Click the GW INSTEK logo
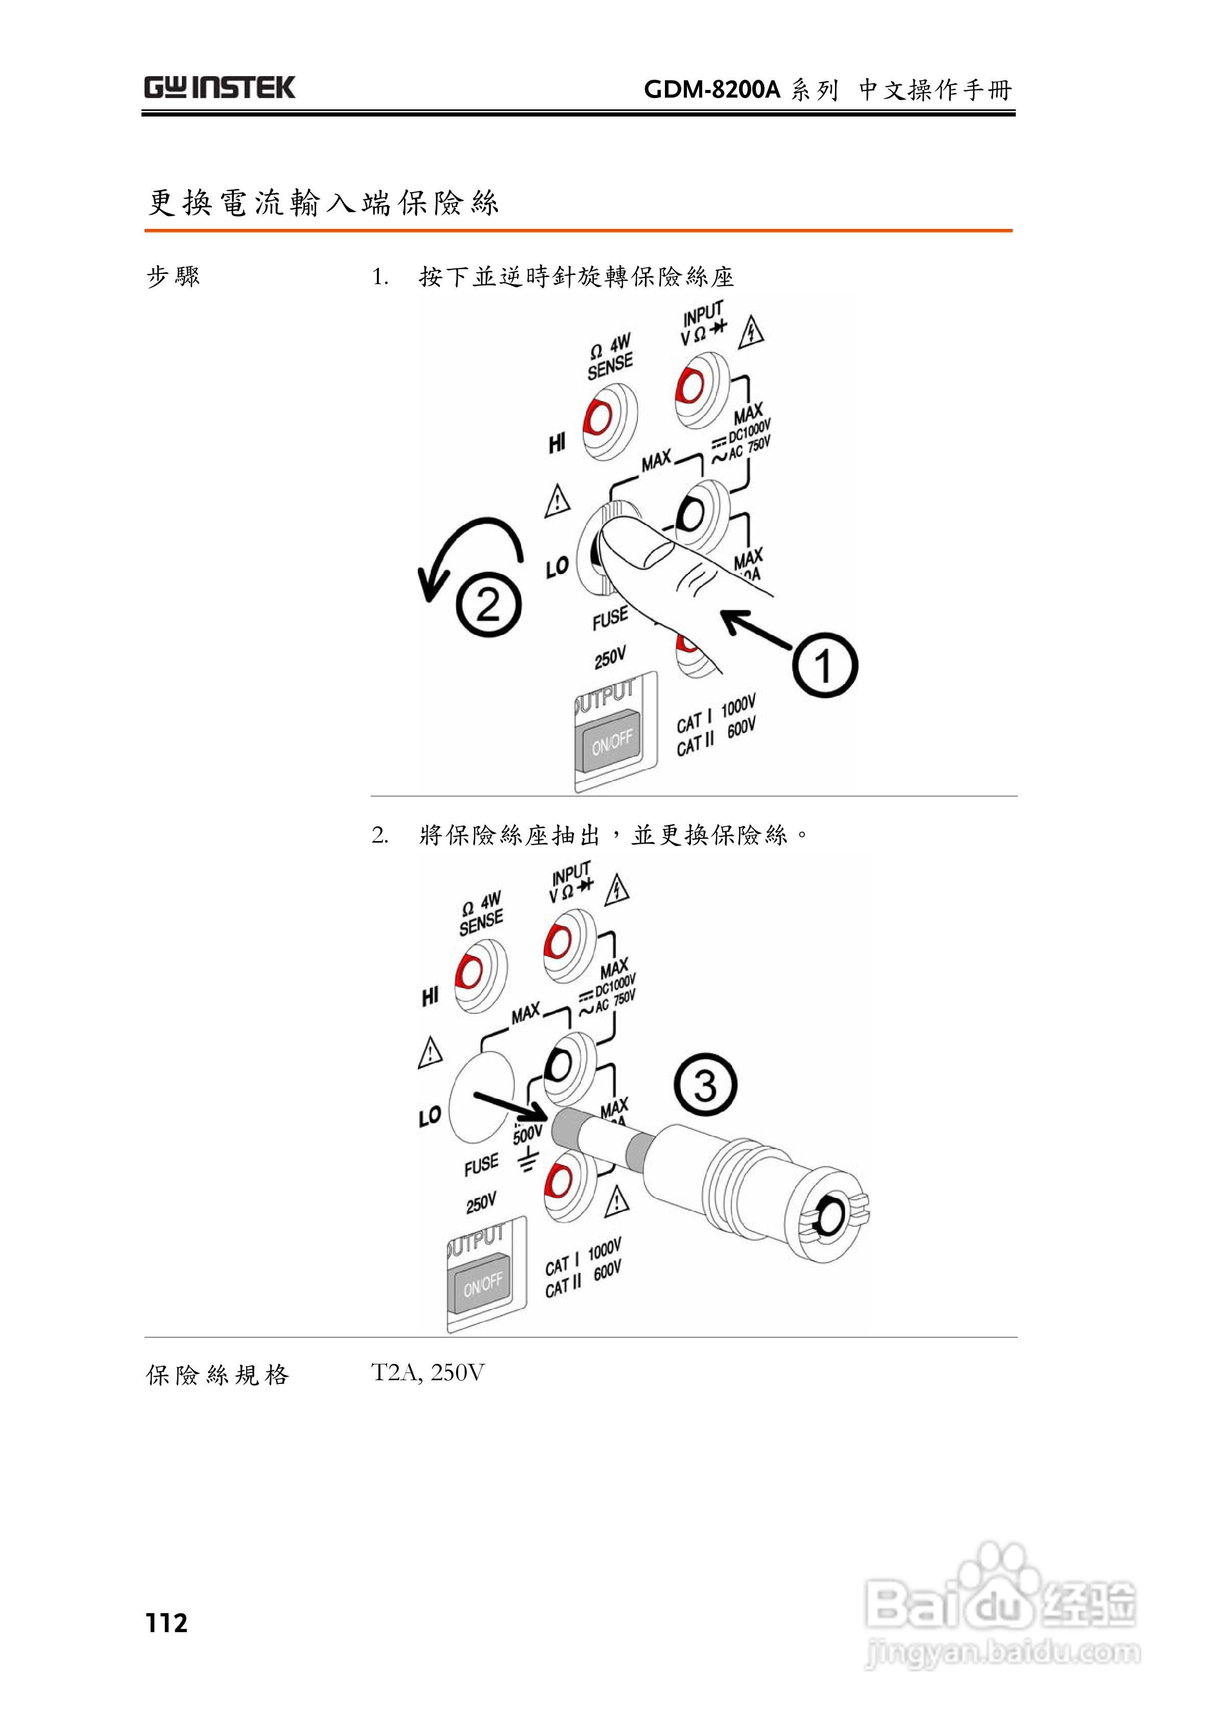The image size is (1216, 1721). coord(220,88)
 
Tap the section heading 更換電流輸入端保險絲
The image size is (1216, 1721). coord(322,202)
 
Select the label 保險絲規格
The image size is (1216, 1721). coord(217,1375)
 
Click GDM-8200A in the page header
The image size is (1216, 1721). coord(712,90)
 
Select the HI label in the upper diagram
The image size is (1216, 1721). coord(556,444)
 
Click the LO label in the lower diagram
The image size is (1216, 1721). coord(430,1117)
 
